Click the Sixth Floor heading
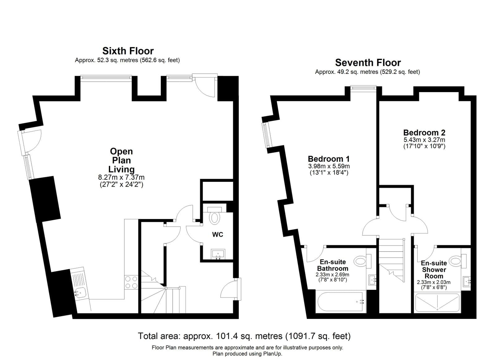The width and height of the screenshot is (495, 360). [128, 51]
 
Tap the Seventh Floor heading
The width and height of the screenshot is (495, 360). [368, 62]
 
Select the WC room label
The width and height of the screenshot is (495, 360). [217, 234]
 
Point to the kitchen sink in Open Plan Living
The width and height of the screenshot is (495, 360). [80, 292]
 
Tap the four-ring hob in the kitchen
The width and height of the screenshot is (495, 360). [131, 282]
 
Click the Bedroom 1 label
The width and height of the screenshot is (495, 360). [329, 159]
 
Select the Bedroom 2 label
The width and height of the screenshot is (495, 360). [424, 133]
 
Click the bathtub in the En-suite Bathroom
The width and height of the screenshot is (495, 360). [340, 302]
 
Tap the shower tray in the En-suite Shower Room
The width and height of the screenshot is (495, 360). [437, 302]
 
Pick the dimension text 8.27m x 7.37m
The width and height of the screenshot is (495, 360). [121, 178]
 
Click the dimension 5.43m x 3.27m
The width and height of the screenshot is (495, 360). [424, 140]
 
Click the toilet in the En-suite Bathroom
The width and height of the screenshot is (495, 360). [360, 261]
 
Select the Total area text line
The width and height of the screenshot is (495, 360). [244, 336]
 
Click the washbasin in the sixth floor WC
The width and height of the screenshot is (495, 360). [218, 254]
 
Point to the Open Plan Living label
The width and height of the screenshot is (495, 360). [121, 160]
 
